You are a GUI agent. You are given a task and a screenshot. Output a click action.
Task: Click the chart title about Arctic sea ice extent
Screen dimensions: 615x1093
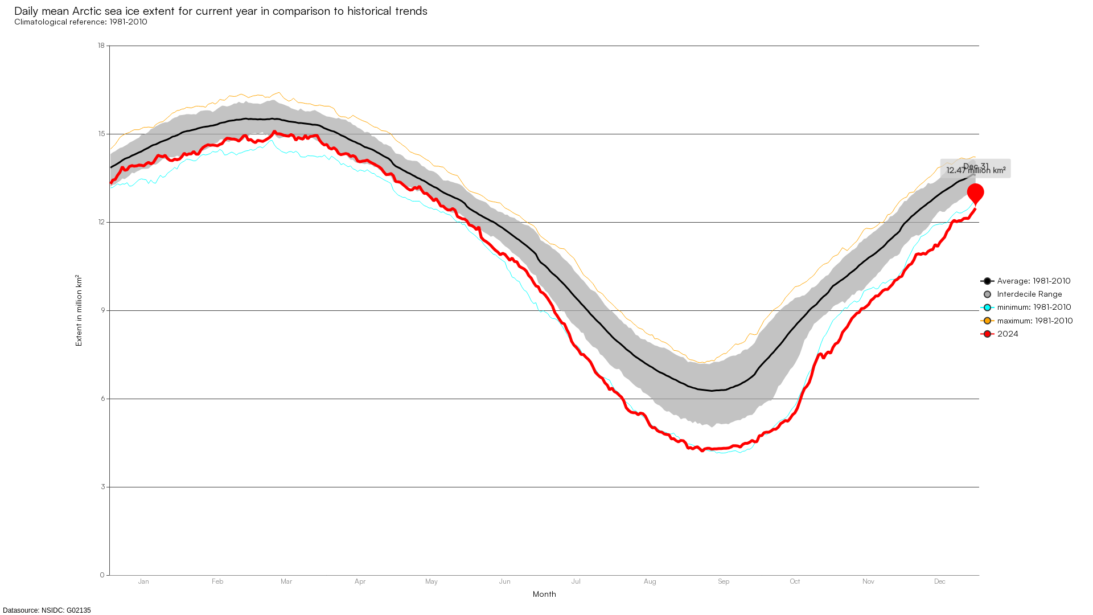pyautogui.click(x=220, y=11)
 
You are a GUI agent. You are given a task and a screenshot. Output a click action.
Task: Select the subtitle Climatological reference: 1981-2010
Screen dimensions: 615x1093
pyautogui.click(x=81, y=22)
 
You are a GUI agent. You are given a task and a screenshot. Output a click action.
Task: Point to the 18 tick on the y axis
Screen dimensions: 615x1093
pyautogui.click(x=101, y=46)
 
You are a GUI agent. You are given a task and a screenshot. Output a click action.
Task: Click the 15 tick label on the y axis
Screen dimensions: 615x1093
pyautogui.click(x=101, y=134)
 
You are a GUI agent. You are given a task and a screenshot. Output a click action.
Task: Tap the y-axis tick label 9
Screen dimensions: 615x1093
pyautogui.click(x=103, y=310)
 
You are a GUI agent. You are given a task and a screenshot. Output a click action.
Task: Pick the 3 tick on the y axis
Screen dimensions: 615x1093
pyautogui.click(x=103, y=487)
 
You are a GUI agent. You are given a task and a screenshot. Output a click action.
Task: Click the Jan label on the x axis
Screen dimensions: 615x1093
pyautogui.click(x=143, y=581)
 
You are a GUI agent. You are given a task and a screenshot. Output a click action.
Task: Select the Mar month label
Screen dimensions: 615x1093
pyautogui.click(x=286, y=581)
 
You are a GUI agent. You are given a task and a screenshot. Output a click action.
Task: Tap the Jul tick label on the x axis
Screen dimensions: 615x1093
pyautogui.click(x=576, y=581)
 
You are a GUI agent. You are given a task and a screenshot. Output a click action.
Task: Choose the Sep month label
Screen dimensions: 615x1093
pyautogui.click(x=724, y=581)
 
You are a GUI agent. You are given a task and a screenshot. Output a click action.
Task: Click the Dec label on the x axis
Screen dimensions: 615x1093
pyautogui.click(x=940, y=581)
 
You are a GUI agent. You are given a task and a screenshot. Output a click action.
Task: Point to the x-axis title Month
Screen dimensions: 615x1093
pyautogui.click(x=544, y=594)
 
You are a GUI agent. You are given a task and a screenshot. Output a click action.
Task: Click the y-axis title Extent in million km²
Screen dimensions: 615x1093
pyautogui.click(x=79, y=310)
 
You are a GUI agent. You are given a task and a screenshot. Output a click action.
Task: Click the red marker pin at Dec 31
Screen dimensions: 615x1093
pyautogui.click(x=975, y=193)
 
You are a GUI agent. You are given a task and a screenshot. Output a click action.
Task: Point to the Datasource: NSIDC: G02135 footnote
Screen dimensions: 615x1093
pyautogui.click(x=47, y=610)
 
